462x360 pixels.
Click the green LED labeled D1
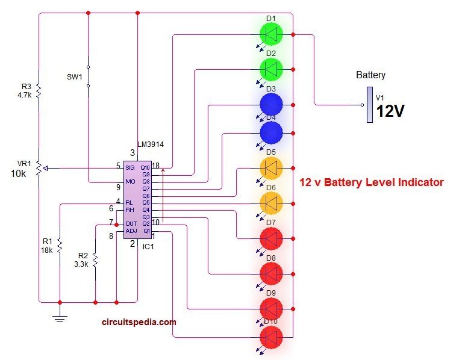[272, 35]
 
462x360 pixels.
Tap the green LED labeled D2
[272, 70]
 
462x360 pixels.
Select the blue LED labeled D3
[272, 104]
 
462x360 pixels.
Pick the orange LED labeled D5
[272, 169]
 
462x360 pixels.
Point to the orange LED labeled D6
[272, 204]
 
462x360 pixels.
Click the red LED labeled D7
[272, 239]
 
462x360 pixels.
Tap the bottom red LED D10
[272, 338]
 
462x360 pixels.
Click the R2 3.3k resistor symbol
[96, 260]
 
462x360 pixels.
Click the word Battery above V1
[370, 76]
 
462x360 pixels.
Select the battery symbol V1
[369, 105]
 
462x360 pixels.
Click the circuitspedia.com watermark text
[139, 322]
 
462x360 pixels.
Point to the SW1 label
[74, 76]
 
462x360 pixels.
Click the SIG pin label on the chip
[130, 167]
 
